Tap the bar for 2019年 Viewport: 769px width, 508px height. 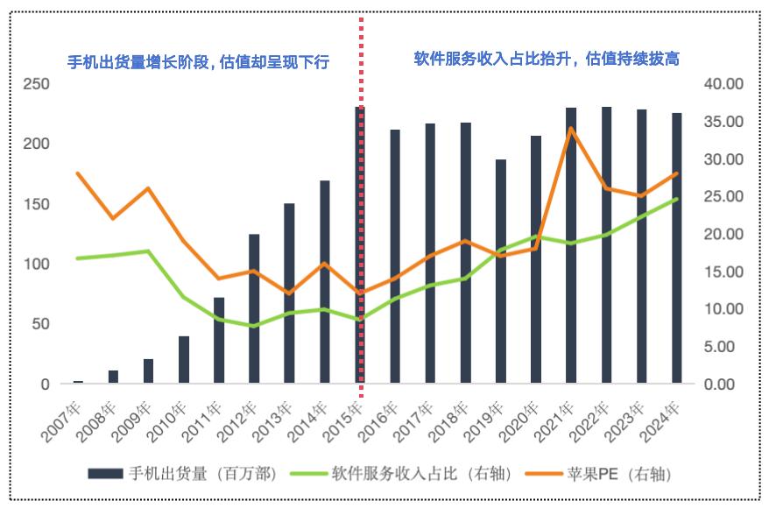501,272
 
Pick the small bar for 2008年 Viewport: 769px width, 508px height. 113,377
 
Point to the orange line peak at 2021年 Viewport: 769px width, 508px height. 571,129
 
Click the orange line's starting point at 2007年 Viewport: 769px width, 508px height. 78,173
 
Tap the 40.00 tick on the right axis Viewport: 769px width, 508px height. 723,84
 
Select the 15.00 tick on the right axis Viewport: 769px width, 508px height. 723,272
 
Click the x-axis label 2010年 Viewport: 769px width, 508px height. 176,419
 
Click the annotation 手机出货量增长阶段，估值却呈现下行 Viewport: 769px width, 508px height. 199,62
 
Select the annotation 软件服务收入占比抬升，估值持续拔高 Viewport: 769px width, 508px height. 547,59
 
